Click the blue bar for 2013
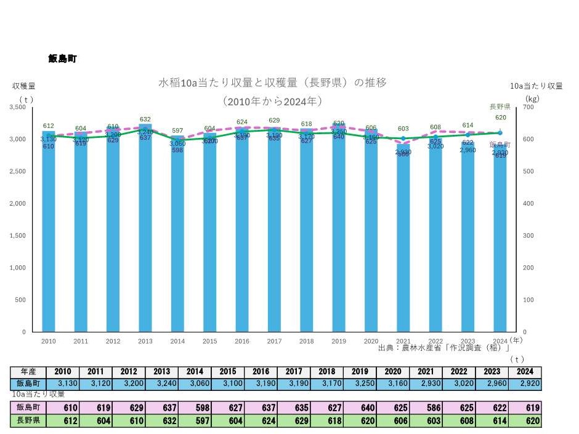tap(145, 234)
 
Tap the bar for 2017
tap(274, 234)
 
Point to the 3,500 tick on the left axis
tap(17, 107)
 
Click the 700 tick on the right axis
tap(529, 107)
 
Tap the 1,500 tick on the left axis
tap(17, 236)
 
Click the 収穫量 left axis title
tap(23, 86)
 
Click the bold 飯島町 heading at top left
tap(62, 59)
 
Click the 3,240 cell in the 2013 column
tap(161, 383)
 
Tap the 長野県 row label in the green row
tap(28, 421)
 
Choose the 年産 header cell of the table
tap(28, 371)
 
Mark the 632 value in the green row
tap(161, 421)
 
